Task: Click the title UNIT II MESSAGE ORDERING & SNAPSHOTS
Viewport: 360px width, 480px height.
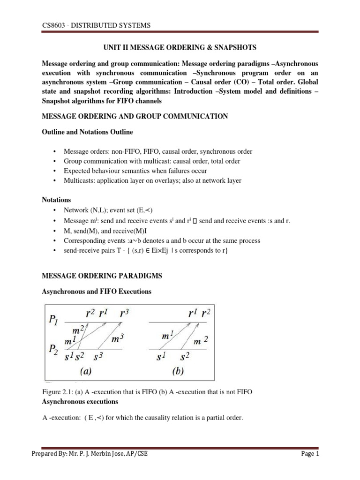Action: coord(180,48)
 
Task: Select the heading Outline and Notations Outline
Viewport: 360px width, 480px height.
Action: coord(88,132)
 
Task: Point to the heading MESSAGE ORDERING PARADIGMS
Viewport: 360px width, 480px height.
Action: coord(102,276)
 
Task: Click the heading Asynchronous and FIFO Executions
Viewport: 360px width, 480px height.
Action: coord(97,292)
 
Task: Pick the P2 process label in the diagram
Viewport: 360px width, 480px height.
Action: coord(54,349)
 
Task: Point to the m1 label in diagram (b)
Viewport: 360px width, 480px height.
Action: coord(169,337)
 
